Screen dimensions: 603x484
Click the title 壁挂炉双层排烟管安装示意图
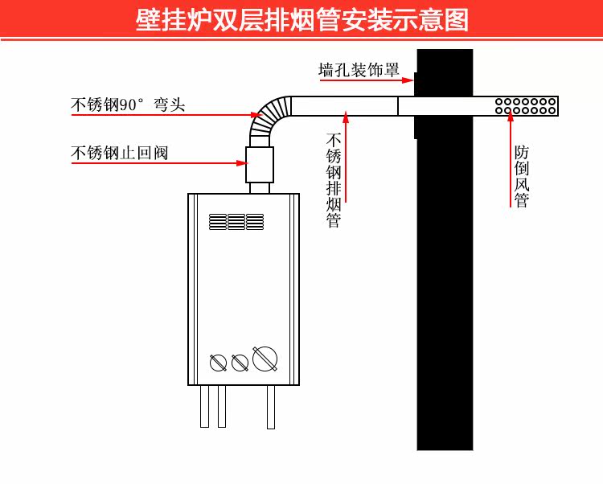point(301,19)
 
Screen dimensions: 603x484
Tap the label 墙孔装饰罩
point(359,70)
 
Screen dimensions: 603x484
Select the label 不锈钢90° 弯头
point(128,105)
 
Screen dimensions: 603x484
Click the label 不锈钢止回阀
point(120,153)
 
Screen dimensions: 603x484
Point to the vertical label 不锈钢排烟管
point(334,180)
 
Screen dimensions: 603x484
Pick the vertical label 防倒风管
point(522,176)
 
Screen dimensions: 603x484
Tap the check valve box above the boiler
point(260,165)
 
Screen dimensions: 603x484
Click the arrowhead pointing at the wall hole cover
point(408,80)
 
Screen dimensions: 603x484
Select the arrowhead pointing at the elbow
point(257,114)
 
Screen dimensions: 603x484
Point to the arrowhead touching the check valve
point(242,163)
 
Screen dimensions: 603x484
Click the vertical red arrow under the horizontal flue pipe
point(346,157)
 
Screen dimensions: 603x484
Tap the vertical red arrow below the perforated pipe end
point(511,158)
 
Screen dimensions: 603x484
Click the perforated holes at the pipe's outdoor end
point(525,106)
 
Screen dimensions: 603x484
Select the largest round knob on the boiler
point(265,359)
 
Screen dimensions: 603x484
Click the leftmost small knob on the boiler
point(218,363)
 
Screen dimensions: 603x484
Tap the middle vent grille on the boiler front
point(236,222)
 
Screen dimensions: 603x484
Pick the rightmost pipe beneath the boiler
point(271,407)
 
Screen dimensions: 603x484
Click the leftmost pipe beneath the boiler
point(204,406)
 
